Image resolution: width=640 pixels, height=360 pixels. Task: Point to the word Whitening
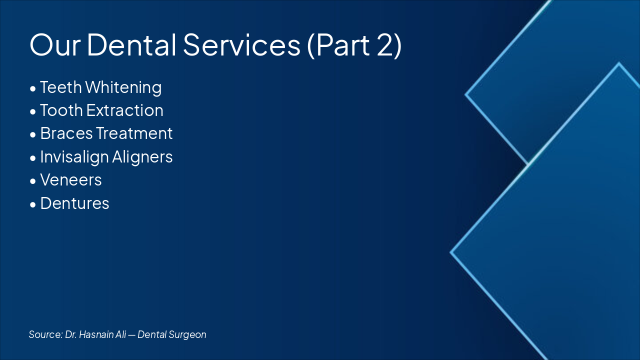pos(123,87)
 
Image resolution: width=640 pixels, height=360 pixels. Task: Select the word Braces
pos(66,133)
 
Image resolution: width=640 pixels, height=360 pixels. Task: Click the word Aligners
pos(142,157)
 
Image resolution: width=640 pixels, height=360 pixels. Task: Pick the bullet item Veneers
pos(71,180)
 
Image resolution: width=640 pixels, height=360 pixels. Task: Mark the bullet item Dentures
pos(74,203)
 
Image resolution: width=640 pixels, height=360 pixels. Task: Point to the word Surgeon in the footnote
pos(188,334)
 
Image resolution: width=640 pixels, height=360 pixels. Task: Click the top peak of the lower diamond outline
pos(619,63)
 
